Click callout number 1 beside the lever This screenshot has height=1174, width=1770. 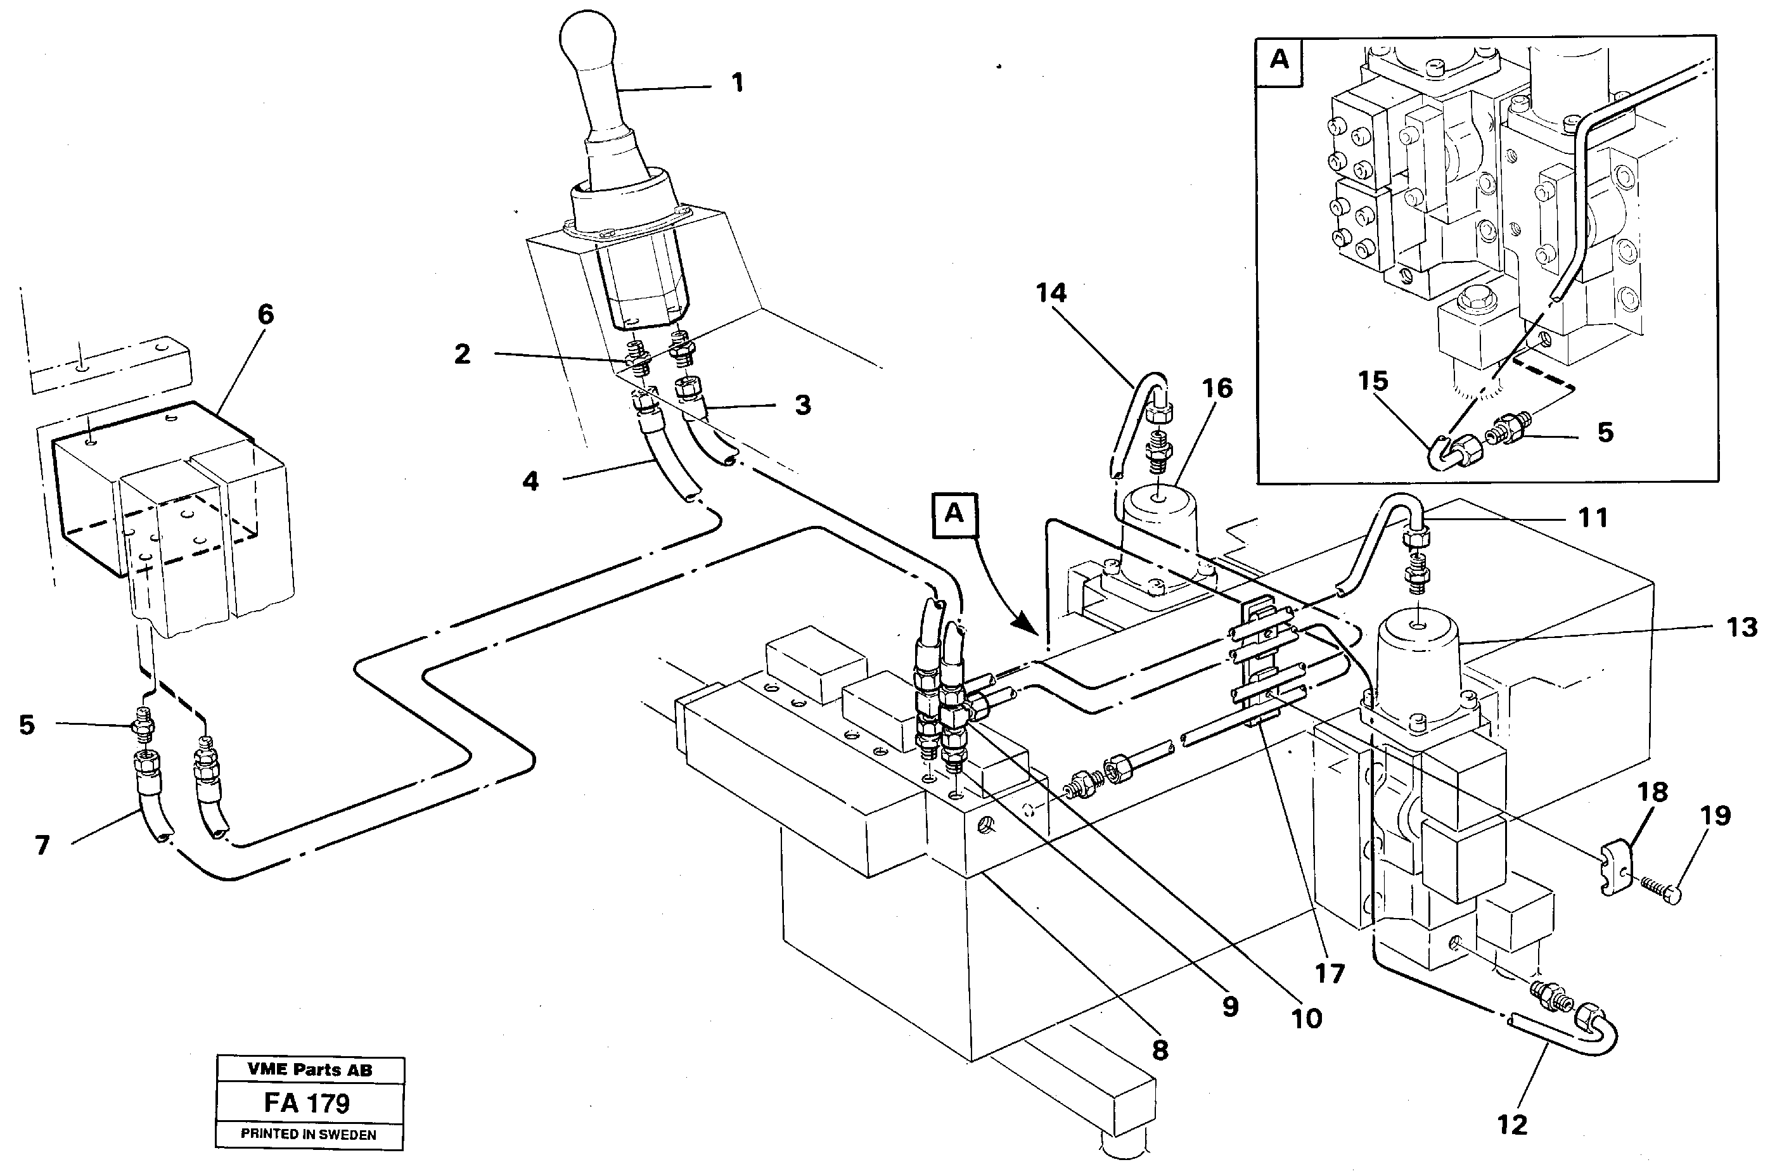click(x=738, y=82)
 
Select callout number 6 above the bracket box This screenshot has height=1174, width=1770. click(x=266, y=314)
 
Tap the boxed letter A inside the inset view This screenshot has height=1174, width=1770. click(x=1279, y=59)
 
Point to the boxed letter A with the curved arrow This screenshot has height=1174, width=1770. click(x=954, y=513)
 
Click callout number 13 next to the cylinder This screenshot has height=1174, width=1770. click(x=1741, y=627)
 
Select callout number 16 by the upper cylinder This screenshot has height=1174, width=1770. click(x=1217, y=388)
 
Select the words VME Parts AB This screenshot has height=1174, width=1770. click(x=309, y=1071)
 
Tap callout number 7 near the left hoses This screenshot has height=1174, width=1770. click(x=42, y=845)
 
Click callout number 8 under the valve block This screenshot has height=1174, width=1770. click(x=1160, y=1050)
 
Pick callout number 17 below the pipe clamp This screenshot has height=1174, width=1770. click(x=1329, y=973)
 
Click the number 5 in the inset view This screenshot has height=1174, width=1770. click(x=1605, y=432)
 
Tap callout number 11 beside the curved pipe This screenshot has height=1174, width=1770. click(x=1593, y=518)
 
